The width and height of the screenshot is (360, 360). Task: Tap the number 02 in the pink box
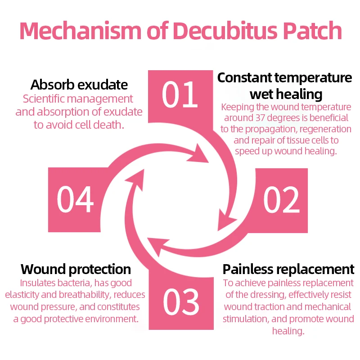281,199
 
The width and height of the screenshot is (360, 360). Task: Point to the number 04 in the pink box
75,199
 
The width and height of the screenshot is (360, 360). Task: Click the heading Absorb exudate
79,85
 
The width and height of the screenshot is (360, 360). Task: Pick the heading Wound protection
76,270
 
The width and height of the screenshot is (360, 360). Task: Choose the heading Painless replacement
288,270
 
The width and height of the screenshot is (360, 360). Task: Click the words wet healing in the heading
286,94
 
